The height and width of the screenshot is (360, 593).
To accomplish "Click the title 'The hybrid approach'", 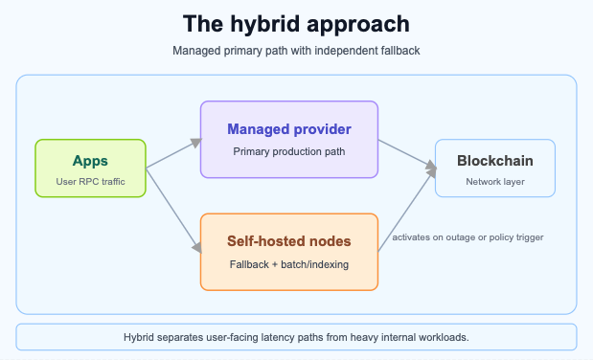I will coord(296,23).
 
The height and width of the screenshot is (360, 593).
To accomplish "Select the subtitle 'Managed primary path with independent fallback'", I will coord(296,51).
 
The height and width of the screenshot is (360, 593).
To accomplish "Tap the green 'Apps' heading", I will coord(90,161).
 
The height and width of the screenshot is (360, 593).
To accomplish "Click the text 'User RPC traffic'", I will coord(90,180).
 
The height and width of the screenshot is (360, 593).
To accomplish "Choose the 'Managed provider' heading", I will coord(288,129).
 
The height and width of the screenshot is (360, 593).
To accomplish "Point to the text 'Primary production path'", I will coord(288,150).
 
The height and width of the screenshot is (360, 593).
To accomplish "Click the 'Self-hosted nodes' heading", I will coord(288,241).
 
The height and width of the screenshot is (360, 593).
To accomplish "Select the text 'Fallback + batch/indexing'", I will coord(288,263).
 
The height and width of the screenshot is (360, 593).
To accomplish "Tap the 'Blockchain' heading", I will coord(494,161).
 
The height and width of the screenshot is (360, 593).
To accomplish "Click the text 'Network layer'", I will coord(494,181).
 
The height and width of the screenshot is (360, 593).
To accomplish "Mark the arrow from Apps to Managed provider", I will coord(172,154).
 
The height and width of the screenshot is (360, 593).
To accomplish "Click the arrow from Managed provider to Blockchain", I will coord(406,156).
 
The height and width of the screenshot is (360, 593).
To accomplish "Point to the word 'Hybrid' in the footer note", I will coord(143,338).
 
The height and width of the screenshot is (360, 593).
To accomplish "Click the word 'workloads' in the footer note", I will coord(439,338).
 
